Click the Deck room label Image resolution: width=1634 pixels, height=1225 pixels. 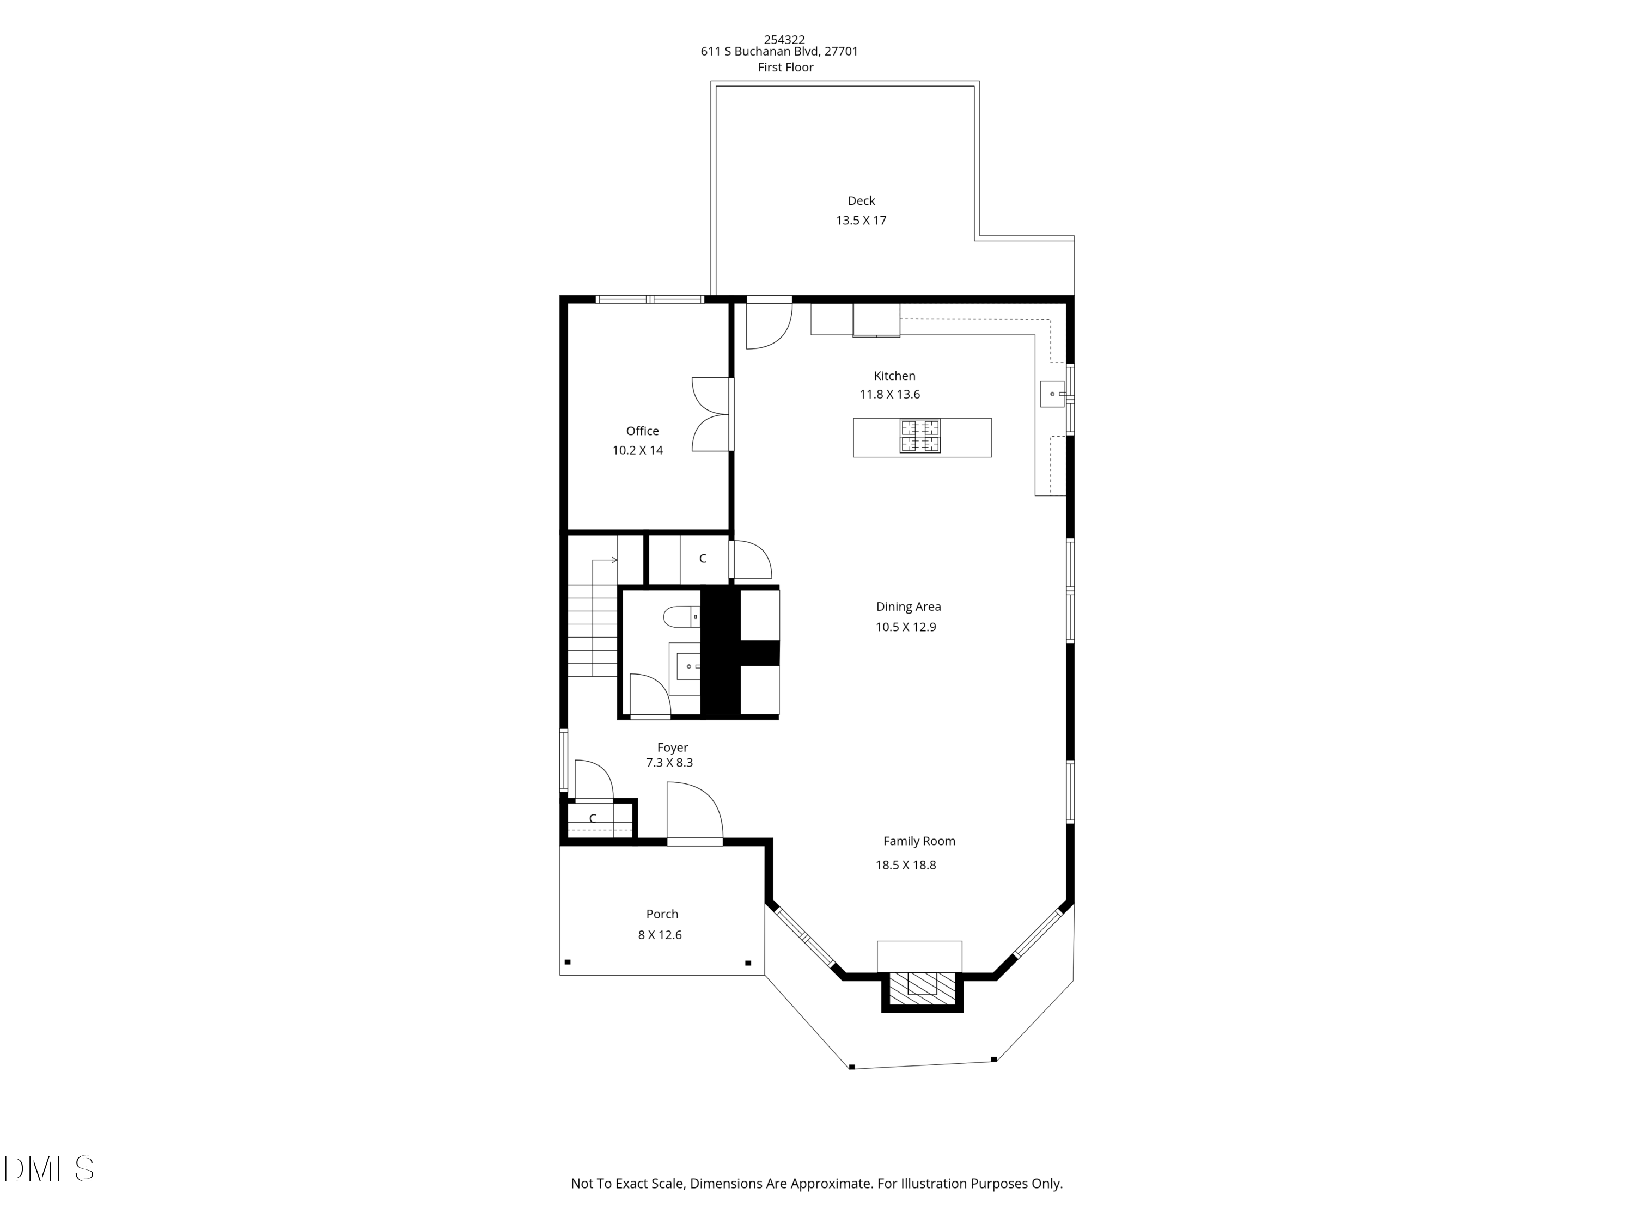(861, 201)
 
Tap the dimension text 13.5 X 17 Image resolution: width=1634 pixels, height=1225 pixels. (861, 220)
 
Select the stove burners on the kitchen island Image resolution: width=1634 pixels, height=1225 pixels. (920, 436)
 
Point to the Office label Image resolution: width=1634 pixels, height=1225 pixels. (642, 431)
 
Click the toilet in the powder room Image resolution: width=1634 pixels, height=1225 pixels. (680, 616)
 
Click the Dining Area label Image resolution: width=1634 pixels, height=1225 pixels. (908, 607)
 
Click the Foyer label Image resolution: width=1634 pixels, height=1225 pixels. (672, 748)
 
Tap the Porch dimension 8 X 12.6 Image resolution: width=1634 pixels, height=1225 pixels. (660, 935)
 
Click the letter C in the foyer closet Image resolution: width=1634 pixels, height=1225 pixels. (593, 819)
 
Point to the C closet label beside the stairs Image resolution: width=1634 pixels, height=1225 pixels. (703, 559)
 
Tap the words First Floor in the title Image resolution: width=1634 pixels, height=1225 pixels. (785, 67)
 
